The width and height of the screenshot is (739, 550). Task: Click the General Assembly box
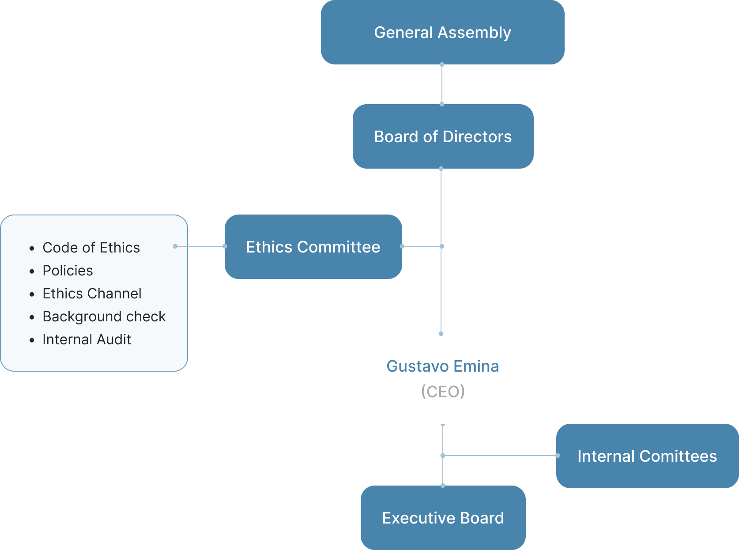coord(442,32)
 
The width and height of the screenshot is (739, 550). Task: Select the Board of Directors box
coord(443,136)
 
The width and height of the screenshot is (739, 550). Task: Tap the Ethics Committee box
coord(313,247)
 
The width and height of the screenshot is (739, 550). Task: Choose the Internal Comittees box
coord(647,456)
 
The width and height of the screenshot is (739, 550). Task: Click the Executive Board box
coord(443,518)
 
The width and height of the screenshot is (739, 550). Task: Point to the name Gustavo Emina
coord(442,366)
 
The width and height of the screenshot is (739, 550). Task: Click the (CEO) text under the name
coord(443,391)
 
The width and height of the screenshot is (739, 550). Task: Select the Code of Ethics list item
coord(91,248)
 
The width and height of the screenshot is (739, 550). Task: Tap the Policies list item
coord(68,271)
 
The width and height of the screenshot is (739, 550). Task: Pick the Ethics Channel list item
coord(92,294)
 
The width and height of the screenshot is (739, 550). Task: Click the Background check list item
coord(104,316)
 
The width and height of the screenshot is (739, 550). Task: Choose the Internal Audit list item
coord(87,339)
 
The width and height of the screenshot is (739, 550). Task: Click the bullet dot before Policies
coord(32,271)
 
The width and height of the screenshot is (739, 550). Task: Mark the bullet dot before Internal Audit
coord(32,340)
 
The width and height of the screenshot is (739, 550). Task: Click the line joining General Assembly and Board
coord(442,84)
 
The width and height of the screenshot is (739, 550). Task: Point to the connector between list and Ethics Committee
coord(200,246)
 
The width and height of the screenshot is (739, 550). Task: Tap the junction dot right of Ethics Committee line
coord(442,246)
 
